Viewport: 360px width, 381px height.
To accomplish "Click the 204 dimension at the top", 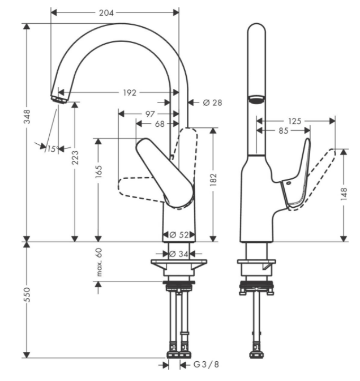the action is click(x=106, y=13).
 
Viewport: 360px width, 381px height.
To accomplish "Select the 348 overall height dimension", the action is click(x=27, y=117).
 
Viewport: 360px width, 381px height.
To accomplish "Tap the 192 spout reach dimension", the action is click(x=130, y=93).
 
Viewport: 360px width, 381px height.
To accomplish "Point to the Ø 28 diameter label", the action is click(x=212, y=103).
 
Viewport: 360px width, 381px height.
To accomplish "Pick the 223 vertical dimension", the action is click(x=75, y=157).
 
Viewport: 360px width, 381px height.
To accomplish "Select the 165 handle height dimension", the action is click(x=98, y=172).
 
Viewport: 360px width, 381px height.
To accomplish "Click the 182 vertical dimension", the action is click(x=213, y=179).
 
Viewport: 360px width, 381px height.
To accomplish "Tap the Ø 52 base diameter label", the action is click(x=179, y=235).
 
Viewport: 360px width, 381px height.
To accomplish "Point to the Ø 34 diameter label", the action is click(x=178, y=254).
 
